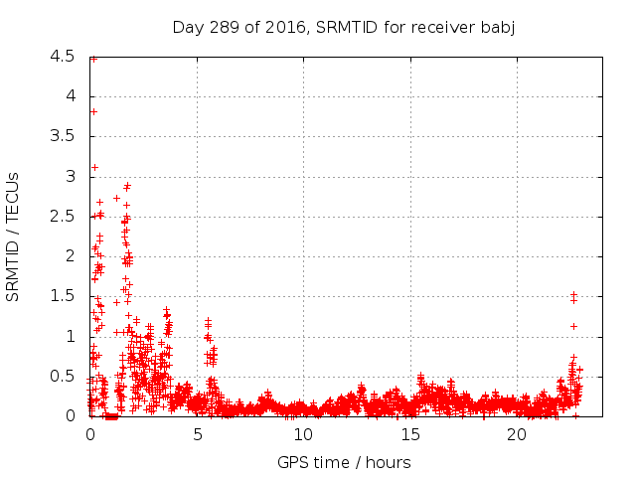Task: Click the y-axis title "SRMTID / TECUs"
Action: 14,236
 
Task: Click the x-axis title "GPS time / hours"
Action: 343,462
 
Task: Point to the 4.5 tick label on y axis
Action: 62,57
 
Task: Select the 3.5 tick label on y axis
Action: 62,136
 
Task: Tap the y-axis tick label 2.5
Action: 62,216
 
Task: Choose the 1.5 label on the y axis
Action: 62,296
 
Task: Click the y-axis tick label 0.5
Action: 62,376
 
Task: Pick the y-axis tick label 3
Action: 70,176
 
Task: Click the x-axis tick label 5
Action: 197,435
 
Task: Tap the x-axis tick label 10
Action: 303,435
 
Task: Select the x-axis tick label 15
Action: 409,435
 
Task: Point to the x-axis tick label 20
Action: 516,435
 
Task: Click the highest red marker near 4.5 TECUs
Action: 93,59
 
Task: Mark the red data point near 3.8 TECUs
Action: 93,111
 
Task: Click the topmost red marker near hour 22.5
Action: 573,294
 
